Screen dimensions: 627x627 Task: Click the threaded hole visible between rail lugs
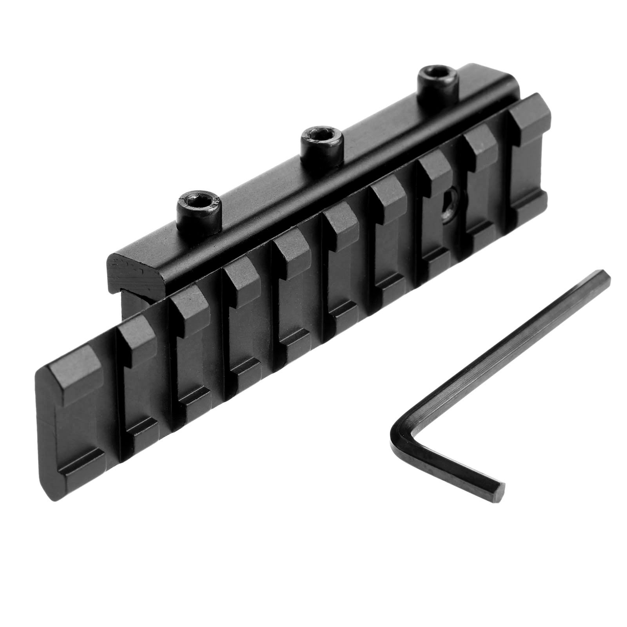(x=455, y=202)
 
